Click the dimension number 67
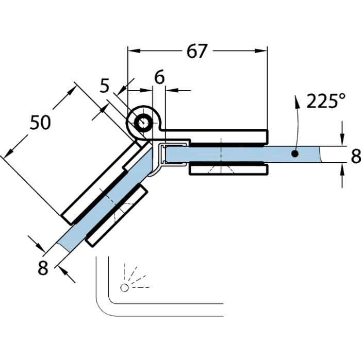(x=196, y=52)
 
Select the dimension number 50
(x=40, y=123)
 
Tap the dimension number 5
(x=105, y=85)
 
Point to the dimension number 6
(x=159, y=77)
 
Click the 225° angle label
(x=325, y=100)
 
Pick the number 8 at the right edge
(x=355, y=156)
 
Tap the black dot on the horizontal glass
(x=294, y=153)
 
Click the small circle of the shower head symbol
(x=124, y=287)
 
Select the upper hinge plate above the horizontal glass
(x=227, y=136)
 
